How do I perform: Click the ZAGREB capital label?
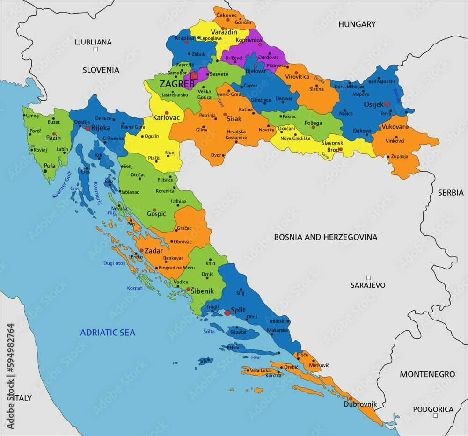pos(177,84)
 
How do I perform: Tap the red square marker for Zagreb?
pos(194,76)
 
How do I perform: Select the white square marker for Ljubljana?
pos(95,49)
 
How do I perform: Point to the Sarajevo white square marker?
pos(368,277)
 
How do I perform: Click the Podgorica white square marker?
pos(435,415)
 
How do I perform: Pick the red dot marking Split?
pos(227,312)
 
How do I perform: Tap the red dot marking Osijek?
pos(387,104)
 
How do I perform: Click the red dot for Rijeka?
pos(88,128)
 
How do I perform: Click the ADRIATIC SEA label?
pos(108,333)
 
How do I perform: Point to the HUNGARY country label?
pos(357,24)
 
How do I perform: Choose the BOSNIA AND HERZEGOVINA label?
pos(326,237)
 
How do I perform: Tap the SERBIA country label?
pos(451,192)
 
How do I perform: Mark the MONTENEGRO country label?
pos(427,374)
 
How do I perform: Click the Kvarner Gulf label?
pos(62,185)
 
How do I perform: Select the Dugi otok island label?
pos(115,263)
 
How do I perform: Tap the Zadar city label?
pos(154,251)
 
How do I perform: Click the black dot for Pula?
pos(45,171)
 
